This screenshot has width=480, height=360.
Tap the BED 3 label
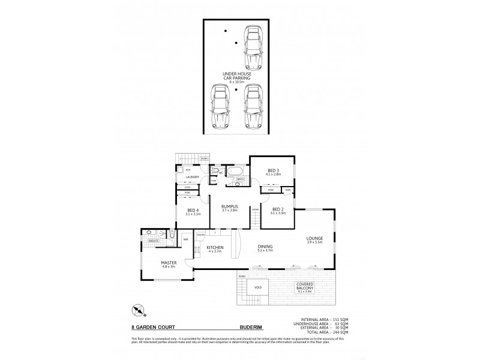(x=273, y=172)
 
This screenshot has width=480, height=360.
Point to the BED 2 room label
(x=275, y=211)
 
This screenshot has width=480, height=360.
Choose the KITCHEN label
(x=214, y=249)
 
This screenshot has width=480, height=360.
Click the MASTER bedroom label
(x=168, y=264)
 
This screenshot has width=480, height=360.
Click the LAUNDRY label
(x=192, y=178)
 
